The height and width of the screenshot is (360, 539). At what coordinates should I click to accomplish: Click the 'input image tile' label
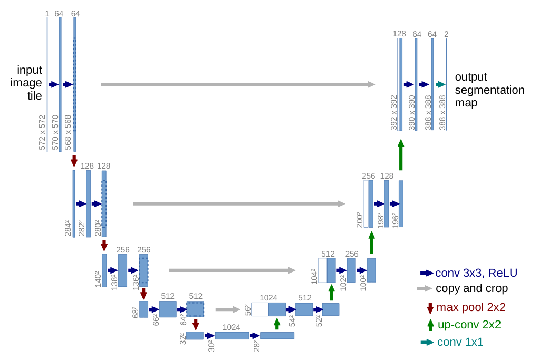click(x=30, y=83)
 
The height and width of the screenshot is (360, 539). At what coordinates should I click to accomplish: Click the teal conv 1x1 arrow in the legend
click(x=426, y=343)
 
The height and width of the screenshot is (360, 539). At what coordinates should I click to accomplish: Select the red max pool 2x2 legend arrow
click(x=430, y=308)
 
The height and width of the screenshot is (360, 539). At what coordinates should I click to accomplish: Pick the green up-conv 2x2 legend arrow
click(x=430, y=325)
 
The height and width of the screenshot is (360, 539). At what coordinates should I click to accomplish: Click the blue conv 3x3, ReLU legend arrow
click(x=426, y=273)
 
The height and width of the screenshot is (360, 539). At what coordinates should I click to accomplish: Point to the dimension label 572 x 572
click(x=43, y=132)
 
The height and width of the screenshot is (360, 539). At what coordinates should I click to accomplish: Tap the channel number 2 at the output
click(x=446, y=35)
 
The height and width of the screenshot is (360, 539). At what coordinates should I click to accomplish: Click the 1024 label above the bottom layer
click(x=232, y=327)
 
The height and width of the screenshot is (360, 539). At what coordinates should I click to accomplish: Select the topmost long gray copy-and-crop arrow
click(x=238, y=84)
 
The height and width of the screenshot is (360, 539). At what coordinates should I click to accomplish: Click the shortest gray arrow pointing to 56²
click(x=228, y=310)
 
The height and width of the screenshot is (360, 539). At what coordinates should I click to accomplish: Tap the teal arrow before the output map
click(x=440, y=84)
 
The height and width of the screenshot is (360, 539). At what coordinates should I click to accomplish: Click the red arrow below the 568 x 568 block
click(x=74, y=161)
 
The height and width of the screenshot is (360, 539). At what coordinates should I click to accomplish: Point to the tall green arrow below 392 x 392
click(x=401, y=155)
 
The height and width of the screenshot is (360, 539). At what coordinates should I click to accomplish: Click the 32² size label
click(x=182, y=339)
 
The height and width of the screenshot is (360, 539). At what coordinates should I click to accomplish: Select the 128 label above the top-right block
click(x=399, y=34)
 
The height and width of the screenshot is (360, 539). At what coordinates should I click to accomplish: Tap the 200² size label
click(x=359, y=219)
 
